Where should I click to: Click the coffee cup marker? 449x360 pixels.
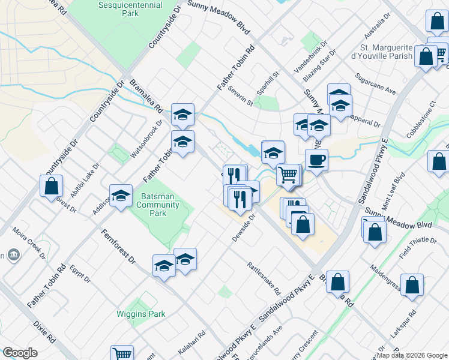pyautogui.click(x=316, y=160)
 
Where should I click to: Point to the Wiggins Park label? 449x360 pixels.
pyautogui.click(x=149, y=314)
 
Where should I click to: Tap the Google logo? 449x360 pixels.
pyautogui.click(x=20, y=353)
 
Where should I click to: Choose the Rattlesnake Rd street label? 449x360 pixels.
pyautogui.click(x=264, y=277)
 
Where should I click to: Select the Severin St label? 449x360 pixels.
pyautogui.click(x=240, y=95)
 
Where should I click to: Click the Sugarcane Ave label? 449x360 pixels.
pyautogui.click(x=376, y=84)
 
